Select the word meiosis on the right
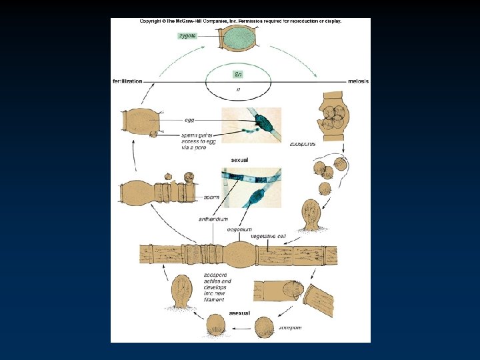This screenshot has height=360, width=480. pyautogui.click(x=358, y=81)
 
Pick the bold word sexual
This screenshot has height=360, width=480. pyautogui.click(x=239, y=161)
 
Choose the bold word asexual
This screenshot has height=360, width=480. pyautogui.click(x=239, y=313)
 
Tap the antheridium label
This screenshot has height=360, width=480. pyautogui.click(x=213, y=219)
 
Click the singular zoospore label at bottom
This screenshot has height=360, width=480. pyautogui.click(x=291, y=328)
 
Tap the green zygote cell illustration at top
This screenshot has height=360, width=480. pyautogui.click(x=239, y=38)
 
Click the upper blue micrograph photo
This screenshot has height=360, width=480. pyautogui.click(x=251, y=125)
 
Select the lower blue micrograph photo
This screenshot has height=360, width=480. pyautogui.click(x=251, y=189)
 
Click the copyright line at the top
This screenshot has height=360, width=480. pyautogui.click(x=240, y=21)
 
